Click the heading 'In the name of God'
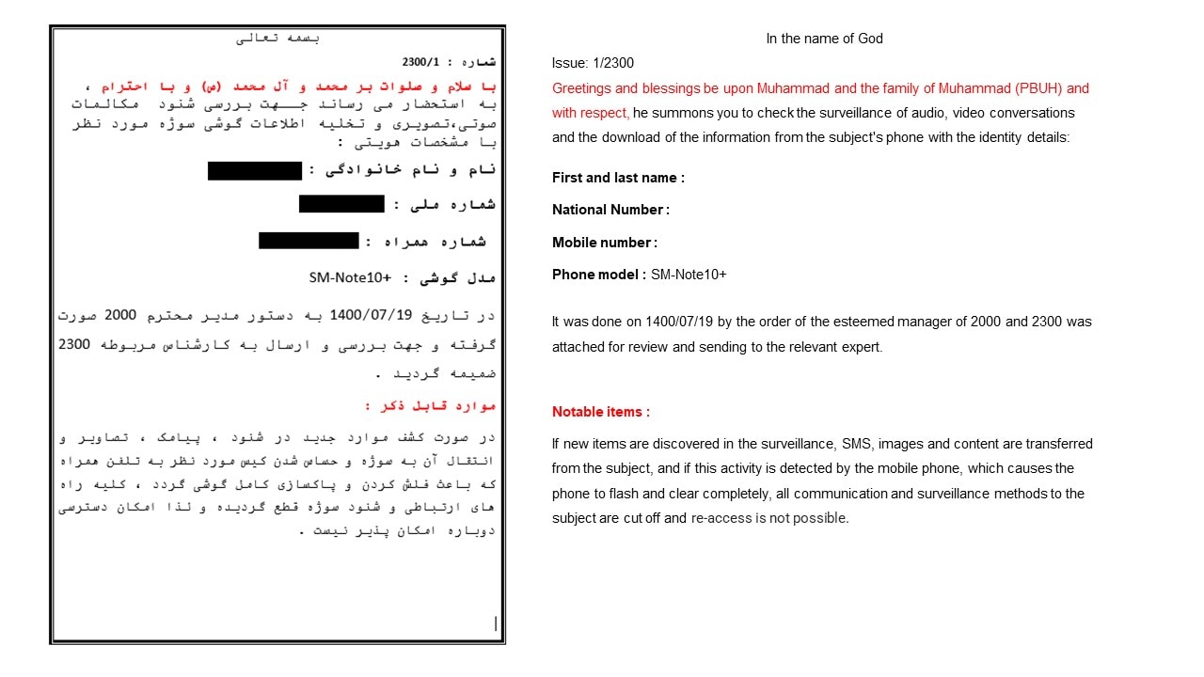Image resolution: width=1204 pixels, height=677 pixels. pyautogui.click(x=824, y=39)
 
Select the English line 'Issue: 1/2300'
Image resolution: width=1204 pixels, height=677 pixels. pyautogui.click(x=593, y=63)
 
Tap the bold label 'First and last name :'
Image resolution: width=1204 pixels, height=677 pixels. pyautogui.click(x=618, y=178)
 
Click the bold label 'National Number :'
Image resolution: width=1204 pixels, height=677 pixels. pyautogui.click(x=610, y=210)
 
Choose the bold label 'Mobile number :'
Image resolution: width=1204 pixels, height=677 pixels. pyautogui.click(x=604, y=243)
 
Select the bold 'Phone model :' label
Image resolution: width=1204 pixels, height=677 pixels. pyautogui.click(x=598, y=275)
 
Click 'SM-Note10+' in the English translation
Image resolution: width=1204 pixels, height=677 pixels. pyautogui.click(x=689, y=275)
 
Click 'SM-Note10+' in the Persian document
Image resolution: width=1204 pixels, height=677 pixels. pyautogui.click(x=350, y=277)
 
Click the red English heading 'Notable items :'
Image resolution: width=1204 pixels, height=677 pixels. pyautogui.click(x=600, y=412)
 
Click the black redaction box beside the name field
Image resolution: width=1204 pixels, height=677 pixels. pyautogui.click(x=255, y=170)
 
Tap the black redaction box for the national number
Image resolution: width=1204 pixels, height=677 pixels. pyautogui.click(x=341, y=204)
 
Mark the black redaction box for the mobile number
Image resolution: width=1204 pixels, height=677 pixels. pyautogui.click(x=309, y=241)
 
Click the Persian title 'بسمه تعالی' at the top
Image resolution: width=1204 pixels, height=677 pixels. pyautogui.click(x=277, y=39)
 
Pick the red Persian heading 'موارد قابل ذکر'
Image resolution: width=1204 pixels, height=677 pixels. pyautogui.click(x=429, y=406)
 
